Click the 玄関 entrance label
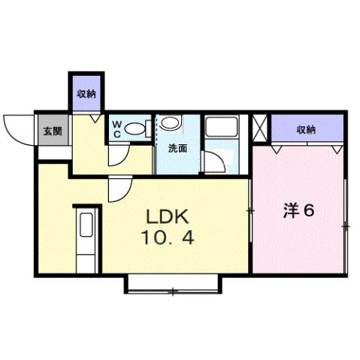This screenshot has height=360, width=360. point(52,131)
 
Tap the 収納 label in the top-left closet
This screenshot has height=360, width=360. point(86,93)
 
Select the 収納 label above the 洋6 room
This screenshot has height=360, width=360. point(305,129)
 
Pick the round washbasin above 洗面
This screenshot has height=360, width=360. point(170,123)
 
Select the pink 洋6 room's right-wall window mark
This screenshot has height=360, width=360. point(345,225)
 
